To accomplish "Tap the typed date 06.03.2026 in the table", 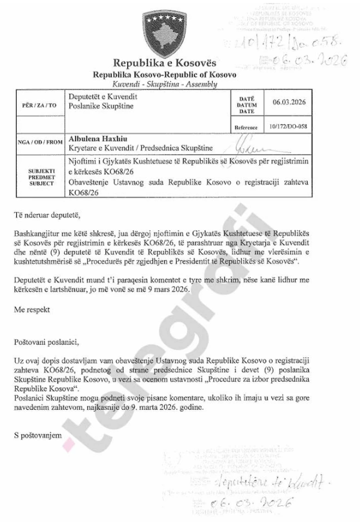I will (289, 102).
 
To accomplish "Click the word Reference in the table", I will (247, 128).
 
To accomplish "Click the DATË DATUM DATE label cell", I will (247, 104).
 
